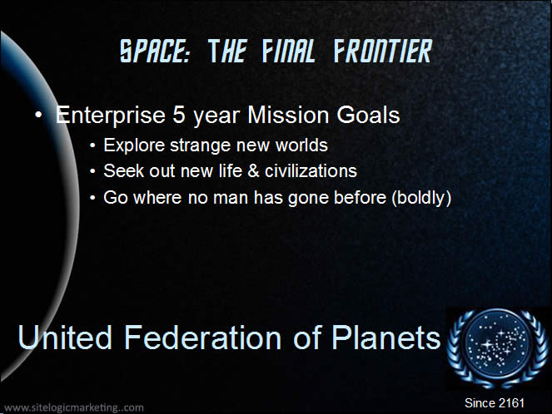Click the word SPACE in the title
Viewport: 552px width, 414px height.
(x=155, y=52)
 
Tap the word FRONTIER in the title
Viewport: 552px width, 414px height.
(x=383, y=52)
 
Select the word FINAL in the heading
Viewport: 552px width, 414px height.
(x=288, y=52)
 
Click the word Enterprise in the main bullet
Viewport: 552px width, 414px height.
(x=111, y=116)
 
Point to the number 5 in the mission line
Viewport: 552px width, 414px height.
(x=179, y=115)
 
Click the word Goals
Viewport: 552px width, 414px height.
(x=368, y=115)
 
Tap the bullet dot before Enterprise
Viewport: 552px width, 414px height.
(x=39, y=115)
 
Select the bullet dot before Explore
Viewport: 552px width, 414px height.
(x=92, y=145)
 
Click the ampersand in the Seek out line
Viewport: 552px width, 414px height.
(x=253, y=171)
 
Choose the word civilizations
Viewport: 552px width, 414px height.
(x=311, y=170)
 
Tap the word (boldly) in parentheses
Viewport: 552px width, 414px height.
(x=421, y=198)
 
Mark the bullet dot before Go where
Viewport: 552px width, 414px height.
(x=92, y=198)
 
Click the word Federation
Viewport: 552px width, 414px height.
(x=202, y=338)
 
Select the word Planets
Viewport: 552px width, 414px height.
(x=385, y=338)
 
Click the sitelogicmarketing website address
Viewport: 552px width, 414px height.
(x=74, y=407)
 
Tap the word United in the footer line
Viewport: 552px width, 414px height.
(x=65, y=338)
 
